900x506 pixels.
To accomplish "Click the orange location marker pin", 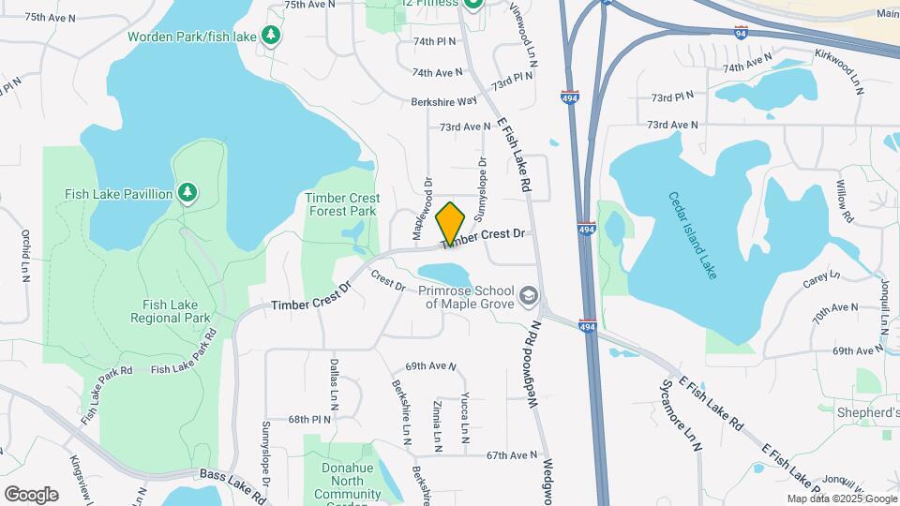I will (x=451, y=223).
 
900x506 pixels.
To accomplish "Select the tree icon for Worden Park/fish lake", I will (x=271, y=36).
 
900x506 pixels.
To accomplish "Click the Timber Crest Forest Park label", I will (x=342, y=204).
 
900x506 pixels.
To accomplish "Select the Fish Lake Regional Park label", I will (x=176, y=311).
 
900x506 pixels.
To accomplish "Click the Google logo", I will (x=31, y=494).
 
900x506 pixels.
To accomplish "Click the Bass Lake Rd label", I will (x=232, y=479).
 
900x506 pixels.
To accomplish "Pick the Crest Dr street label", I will (x=387, y=279).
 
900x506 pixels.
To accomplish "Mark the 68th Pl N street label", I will (x=310, y=419).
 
